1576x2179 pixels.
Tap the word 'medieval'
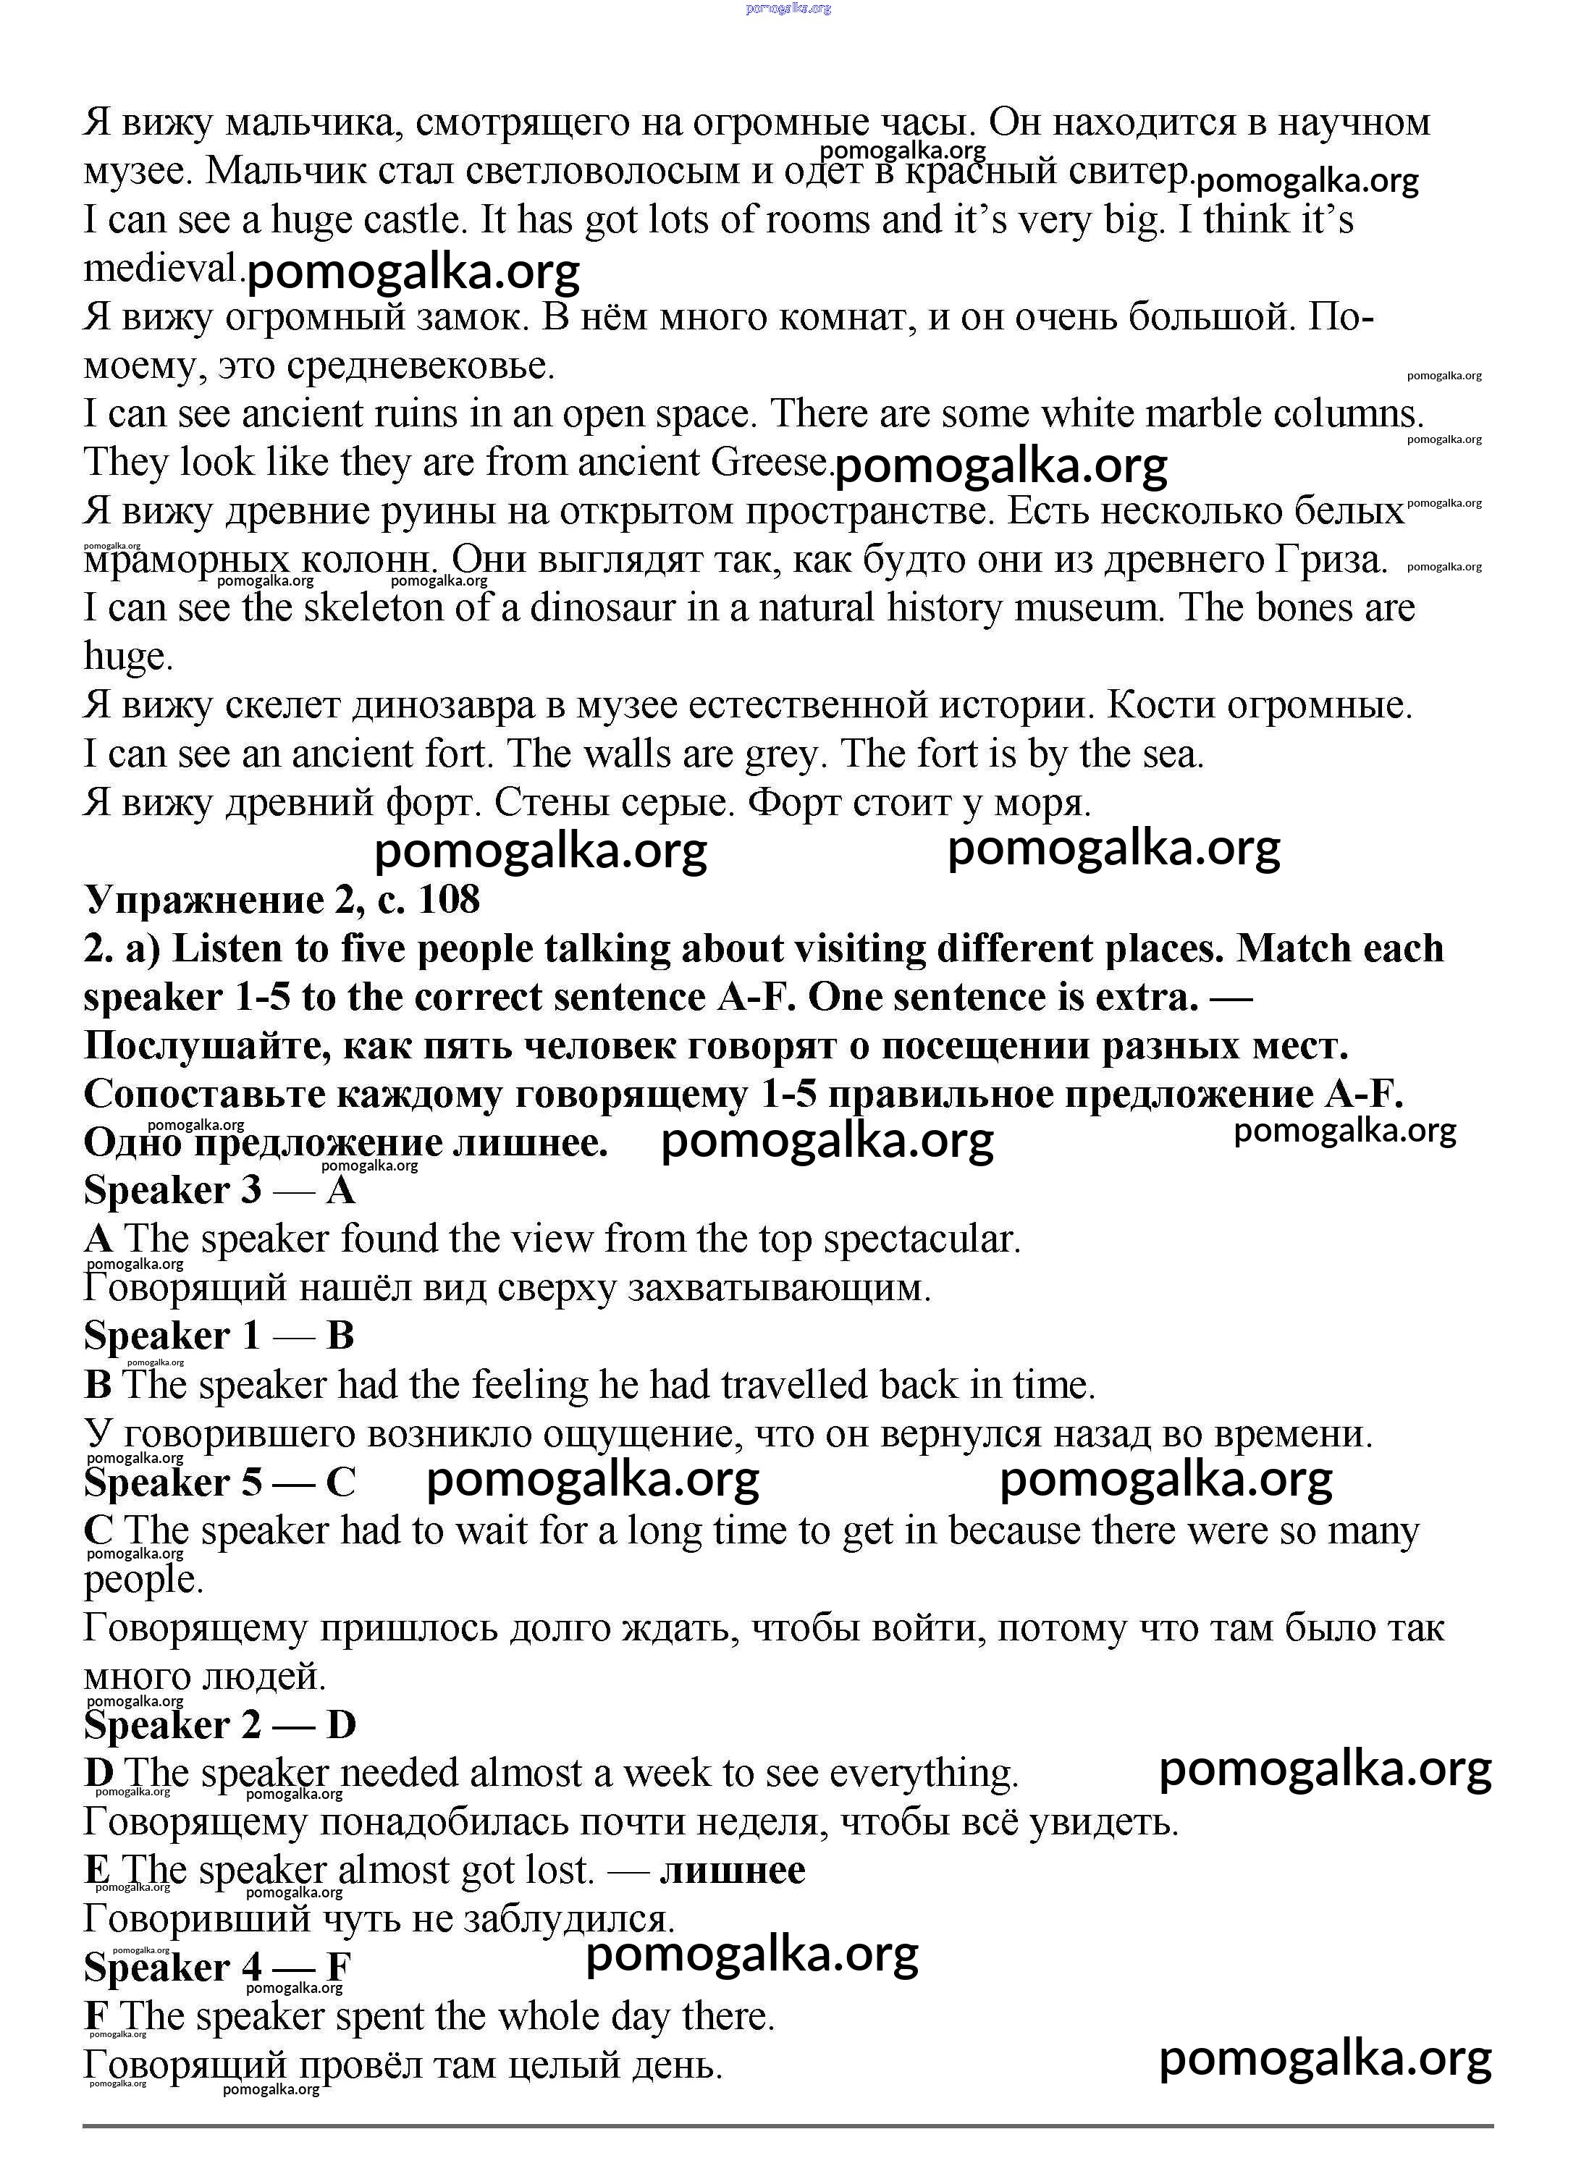click(x=159, y=268)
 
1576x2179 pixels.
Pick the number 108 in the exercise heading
click(x=449, y=901)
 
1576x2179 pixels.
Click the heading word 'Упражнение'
click(x=203, y=901)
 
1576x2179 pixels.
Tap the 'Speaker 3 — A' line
click(x=219, y=1190)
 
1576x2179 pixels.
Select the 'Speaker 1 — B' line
click(x=219, y=1336)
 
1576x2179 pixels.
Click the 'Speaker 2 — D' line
click(x=219, y=1724)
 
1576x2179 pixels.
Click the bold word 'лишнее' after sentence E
click(x=733, y=1871)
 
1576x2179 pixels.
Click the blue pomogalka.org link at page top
click(x=788, y=8)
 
